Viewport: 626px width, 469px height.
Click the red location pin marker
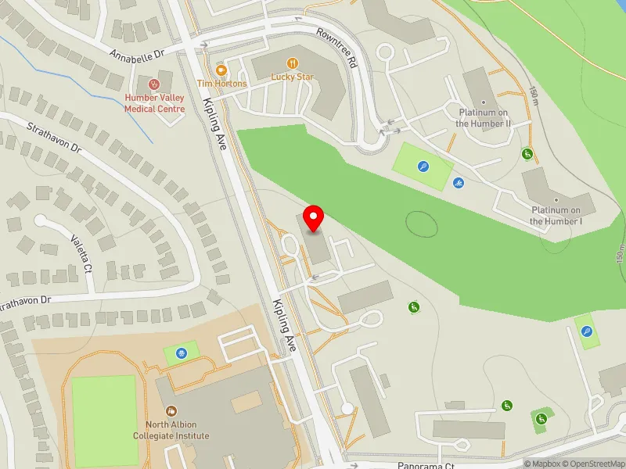click(x=314, y=218)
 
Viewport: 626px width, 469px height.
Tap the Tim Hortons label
click(x=221, y=84)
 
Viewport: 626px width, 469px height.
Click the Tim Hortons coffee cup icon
click(x=221, y=68)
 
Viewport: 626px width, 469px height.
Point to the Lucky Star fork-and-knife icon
click(x=292, y=63)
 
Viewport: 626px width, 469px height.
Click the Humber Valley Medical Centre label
click(x=154, y=104)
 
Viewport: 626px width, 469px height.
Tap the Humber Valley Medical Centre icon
click(x=154, y=84)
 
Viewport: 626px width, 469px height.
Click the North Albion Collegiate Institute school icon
click(x=171, y=410)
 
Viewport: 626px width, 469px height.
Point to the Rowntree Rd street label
click(x=336, y=48)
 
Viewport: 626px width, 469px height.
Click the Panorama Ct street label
click(x=426, y=464)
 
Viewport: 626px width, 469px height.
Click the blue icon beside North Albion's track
click(x=182, y=353)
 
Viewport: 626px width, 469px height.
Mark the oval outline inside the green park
click(x=422, y=224)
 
